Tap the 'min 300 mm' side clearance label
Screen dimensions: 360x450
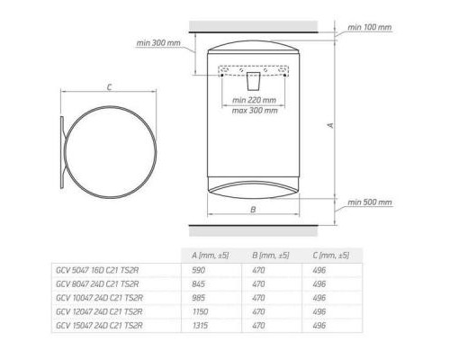pyautogui.click(x=159, y=42)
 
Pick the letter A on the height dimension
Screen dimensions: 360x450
pyautogui.click(x=330, y=126)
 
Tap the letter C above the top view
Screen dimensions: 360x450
pyautogui.click(x=108, y=87)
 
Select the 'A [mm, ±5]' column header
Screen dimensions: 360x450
pyautogui.click(x=211, y=256)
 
